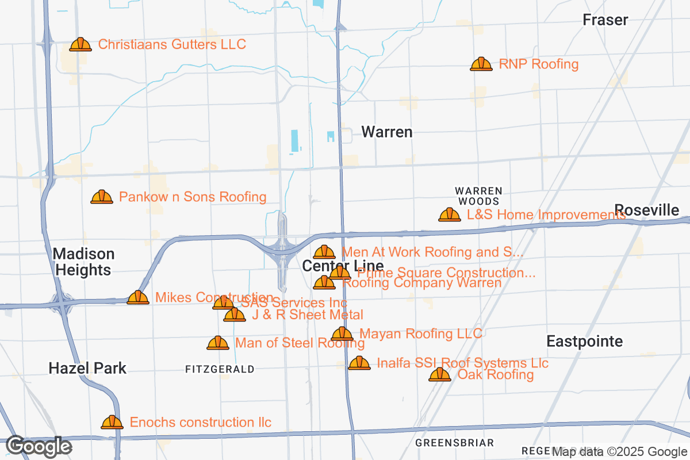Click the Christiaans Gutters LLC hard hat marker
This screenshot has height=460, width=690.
(80, 45)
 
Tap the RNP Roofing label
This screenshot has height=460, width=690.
(538, 64)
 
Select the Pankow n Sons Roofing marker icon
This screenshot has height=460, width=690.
(102, 197)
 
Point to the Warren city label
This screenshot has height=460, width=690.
(387, 132)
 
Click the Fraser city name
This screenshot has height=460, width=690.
(605, 20)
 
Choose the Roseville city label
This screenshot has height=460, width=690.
(646, 210)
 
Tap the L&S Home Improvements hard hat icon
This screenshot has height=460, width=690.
(450, 215)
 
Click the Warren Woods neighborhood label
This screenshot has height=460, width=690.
(478, 196)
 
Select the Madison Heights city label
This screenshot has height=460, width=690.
(83, 262)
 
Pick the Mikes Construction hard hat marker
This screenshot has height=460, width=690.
(138, 297)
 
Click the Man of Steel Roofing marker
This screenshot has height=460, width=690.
(218, 343)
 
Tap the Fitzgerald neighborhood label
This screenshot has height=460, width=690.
(220, 369)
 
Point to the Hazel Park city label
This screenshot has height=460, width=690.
(87, 368)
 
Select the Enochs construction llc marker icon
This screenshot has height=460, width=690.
(112, 423)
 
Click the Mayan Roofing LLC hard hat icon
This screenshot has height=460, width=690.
(342, 334)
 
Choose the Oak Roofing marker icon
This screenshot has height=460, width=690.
(440, 375)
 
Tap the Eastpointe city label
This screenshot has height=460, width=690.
(584, 342)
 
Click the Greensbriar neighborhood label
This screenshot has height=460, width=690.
(454, 443)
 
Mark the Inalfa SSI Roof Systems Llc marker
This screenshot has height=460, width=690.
(359, 363)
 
